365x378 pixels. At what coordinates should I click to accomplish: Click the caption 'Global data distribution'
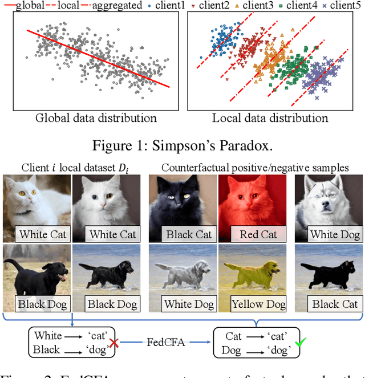(x=96, y=119)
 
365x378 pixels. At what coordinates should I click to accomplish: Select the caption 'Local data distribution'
(x=270, y=119)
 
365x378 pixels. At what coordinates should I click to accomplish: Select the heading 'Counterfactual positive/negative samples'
(x=254, y=168)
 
